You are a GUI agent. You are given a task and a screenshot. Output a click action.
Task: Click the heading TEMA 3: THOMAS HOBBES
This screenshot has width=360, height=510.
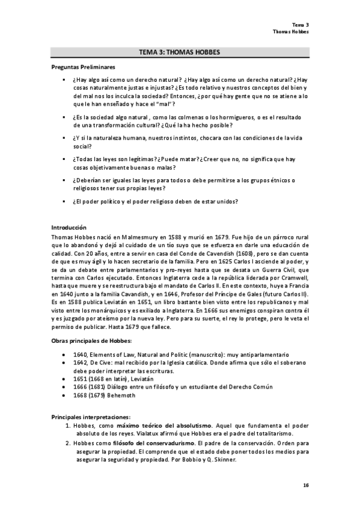[x=179, y=52]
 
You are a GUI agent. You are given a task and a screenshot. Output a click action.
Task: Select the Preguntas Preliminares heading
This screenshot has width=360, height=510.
[x=84, y=67]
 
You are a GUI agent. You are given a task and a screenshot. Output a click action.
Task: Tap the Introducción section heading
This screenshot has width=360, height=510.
[x=69, y=229]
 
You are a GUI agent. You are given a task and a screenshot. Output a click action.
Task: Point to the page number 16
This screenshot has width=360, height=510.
[x=306, y=484]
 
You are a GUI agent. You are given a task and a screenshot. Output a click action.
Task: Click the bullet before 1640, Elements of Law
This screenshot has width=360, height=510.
[x=64, y=355]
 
